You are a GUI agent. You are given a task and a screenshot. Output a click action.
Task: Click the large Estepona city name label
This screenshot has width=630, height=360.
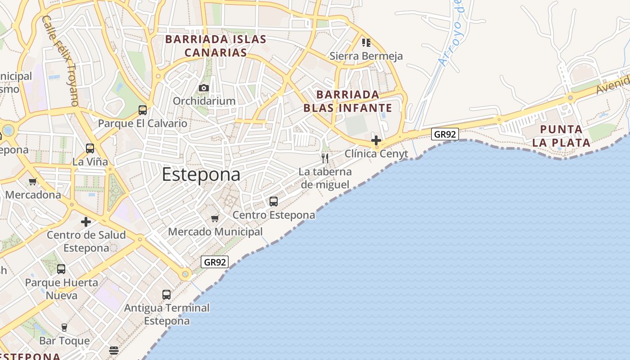click(x=201, y=175)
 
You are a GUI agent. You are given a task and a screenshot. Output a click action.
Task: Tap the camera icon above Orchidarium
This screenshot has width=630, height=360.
click(x=204, y=88)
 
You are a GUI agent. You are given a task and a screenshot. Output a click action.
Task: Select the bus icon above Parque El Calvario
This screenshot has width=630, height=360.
click(x=143, y=110)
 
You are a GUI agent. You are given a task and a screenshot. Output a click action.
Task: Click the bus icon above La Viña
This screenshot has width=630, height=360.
click(x=90, y=148)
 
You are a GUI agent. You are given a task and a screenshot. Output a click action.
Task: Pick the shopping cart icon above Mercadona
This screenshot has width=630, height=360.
click(x=32, y=182)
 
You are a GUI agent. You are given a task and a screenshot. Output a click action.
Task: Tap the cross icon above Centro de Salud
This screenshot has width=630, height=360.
click(x=86, y=222)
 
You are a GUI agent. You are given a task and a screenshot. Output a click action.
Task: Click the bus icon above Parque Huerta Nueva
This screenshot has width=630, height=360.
click(x=61, y=269)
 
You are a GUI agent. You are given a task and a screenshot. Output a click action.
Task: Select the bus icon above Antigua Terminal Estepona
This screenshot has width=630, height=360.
click(x=166, y=295)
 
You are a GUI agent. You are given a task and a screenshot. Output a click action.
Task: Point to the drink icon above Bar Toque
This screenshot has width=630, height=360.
click(x=64, y=327)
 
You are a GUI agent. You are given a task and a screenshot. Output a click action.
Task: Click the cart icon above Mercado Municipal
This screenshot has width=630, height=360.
click(x=215, y=218)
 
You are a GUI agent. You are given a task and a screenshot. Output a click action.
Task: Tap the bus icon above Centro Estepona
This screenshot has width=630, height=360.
click(x=274, y=202)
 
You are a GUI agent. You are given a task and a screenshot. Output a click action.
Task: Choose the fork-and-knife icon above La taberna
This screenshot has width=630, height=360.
click(x=325, y=158)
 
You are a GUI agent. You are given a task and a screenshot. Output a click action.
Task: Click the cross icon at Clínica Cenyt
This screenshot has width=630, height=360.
click(x=376, y=140)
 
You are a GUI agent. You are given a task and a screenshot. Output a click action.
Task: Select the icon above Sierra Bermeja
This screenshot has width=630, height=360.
click(x=366, y=43)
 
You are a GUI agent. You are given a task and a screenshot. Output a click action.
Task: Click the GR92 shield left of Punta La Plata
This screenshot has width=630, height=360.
click(x=445, y=134)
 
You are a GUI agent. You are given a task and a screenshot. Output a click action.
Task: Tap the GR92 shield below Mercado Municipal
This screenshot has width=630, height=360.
click(x=215, y=262)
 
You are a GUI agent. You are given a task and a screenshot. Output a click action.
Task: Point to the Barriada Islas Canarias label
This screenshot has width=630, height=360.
click(x=216, y=46)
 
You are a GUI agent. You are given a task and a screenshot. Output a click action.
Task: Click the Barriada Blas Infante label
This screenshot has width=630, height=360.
click(x=347, y=101)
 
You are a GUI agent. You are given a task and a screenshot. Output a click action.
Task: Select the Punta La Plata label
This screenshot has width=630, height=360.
click(x=561, y=136)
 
